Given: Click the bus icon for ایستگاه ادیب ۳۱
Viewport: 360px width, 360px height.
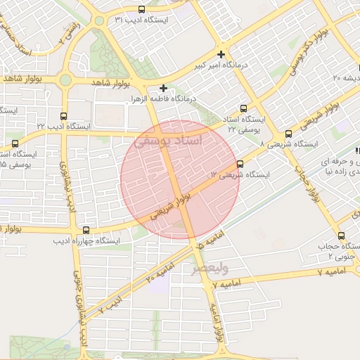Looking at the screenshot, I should [142, 10].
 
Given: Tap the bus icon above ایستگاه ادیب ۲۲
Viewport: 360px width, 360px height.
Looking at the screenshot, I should [65, 116].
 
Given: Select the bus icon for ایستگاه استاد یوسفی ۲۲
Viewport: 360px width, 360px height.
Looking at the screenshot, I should [244, 109].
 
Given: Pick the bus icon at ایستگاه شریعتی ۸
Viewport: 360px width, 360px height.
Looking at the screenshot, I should [288, 134].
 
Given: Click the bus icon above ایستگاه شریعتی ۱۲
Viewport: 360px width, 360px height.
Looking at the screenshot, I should [240, 164].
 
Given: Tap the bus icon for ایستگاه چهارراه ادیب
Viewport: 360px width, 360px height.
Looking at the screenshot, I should [86, 230].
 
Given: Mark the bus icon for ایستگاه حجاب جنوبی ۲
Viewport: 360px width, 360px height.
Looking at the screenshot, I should [341, 236].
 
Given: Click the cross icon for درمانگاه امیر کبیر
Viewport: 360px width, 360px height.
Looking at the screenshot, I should [221, 54].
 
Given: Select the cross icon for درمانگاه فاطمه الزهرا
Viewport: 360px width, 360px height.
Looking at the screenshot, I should [164, 88].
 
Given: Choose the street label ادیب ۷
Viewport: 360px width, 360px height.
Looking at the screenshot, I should [111, 303].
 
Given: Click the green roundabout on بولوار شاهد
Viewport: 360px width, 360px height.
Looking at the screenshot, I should [65, 80].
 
